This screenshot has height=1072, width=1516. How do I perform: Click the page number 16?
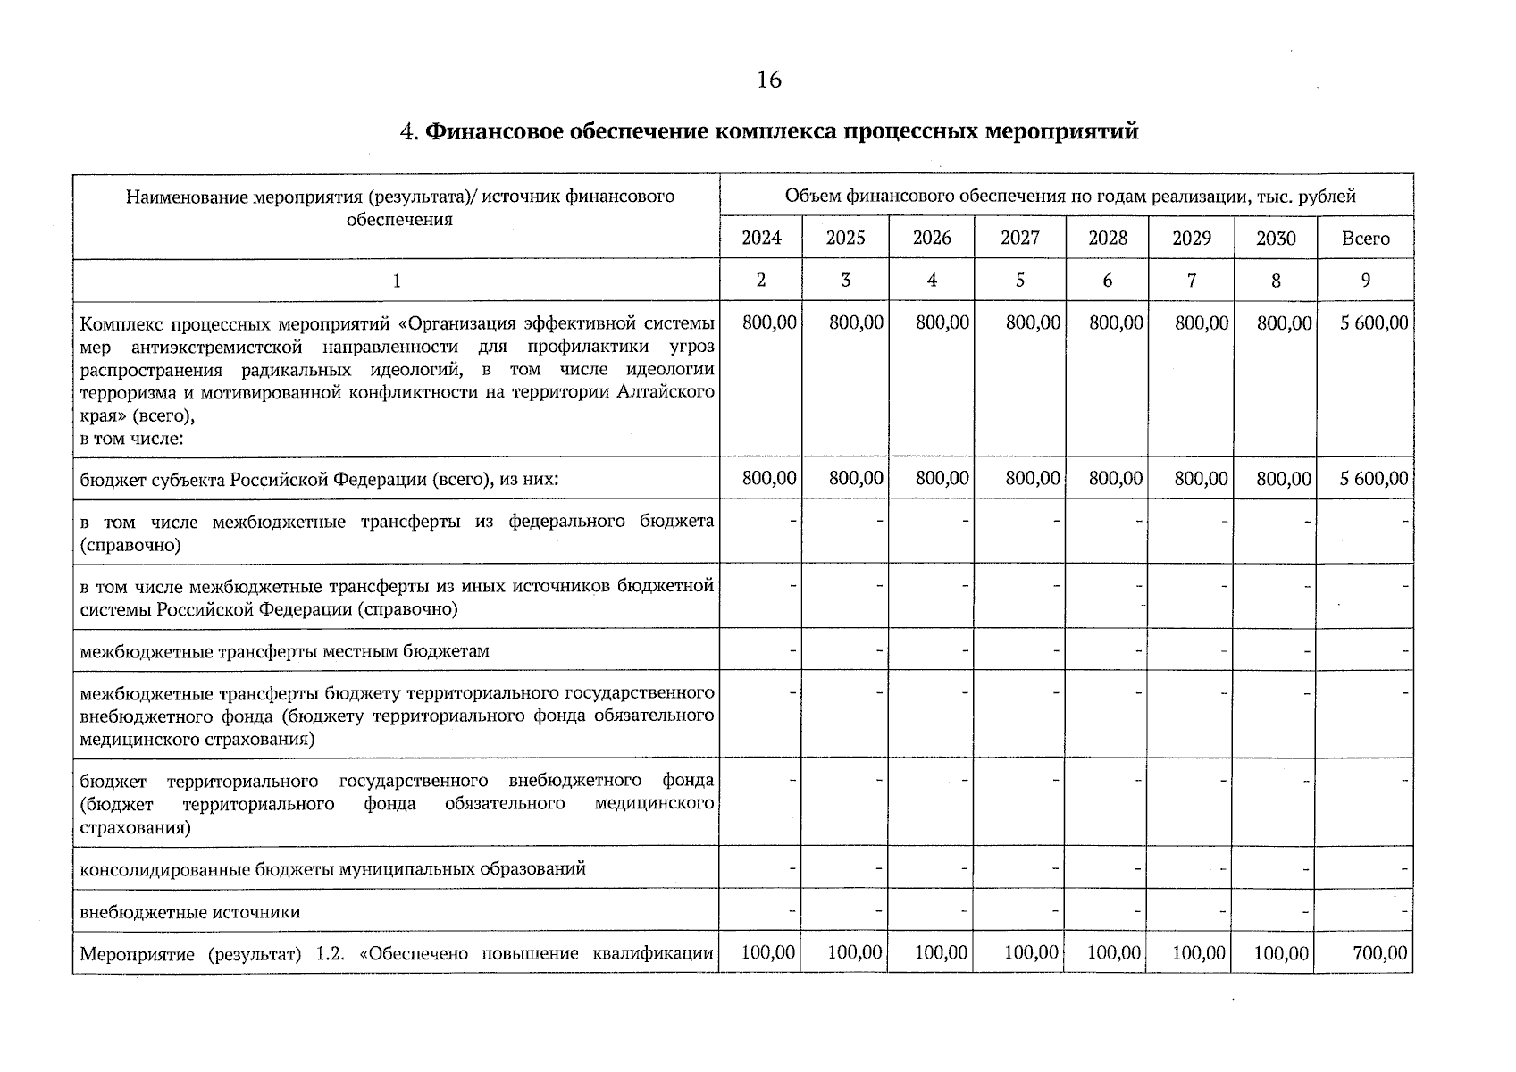point(768,80)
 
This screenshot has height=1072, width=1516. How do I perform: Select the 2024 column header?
point(761,239)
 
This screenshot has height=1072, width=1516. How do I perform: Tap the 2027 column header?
point(1019,239)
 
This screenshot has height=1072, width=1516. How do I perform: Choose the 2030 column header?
point(1276,239)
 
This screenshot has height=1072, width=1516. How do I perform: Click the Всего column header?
point(1365,239)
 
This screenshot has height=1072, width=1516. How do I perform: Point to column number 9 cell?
point(1365,281)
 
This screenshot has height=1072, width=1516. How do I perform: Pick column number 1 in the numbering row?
point(397,281)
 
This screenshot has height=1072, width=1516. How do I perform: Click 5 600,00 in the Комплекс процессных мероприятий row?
point(1373,323)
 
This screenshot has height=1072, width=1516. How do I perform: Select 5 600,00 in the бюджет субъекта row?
point(1373,480)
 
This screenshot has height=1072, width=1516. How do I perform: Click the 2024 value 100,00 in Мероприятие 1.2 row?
point(768,953)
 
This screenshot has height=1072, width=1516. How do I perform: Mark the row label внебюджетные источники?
point(189,913)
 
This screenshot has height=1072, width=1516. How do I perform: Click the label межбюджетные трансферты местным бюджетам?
point(284,651)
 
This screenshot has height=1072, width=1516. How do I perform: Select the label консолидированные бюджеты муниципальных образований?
point(332,869)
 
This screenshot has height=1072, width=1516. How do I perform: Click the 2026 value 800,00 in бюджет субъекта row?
point(942,480)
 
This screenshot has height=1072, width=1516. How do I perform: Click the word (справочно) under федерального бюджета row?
point(130,545)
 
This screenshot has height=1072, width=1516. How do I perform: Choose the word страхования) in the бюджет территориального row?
point(135,827)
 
